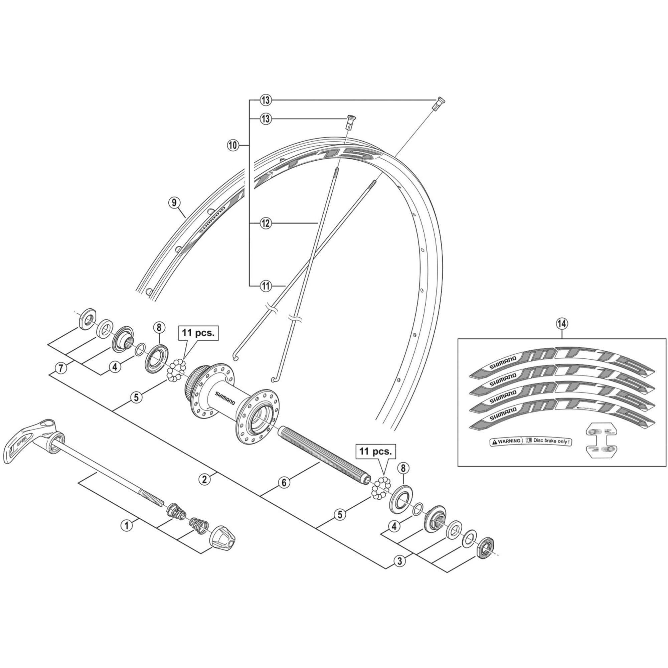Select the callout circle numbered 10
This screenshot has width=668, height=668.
pyautogui.click(x=233, y=145)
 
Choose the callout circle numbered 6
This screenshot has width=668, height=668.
pyautogui.click(x=284, y=483)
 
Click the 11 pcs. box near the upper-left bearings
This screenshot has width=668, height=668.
pyautogui.click(x=199, y=333)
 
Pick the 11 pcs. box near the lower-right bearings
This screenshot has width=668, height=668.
pyautogui.click(x=375, y=452)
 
